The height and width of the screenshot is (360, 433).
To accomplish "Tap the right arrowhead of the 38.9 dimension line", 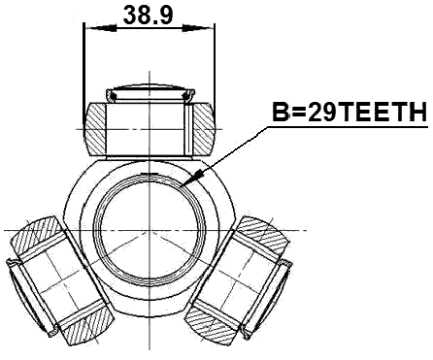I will coord(208,28).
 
